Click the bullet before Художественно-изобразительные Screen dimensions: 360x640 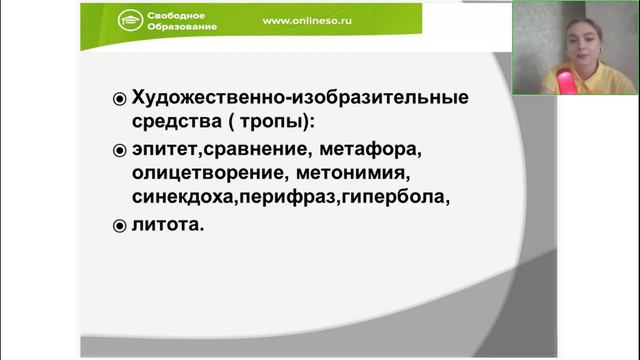pyautogui.click(x=118, y=99)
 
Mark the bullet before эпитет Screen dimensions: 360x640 pyautogui.click(x=118, y=151)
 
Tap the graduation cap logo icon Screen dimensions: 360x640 pyautogui.click(x=130, y=24)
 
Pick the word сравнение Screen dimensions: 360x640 pyautogui.click(x=242, y=150)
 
